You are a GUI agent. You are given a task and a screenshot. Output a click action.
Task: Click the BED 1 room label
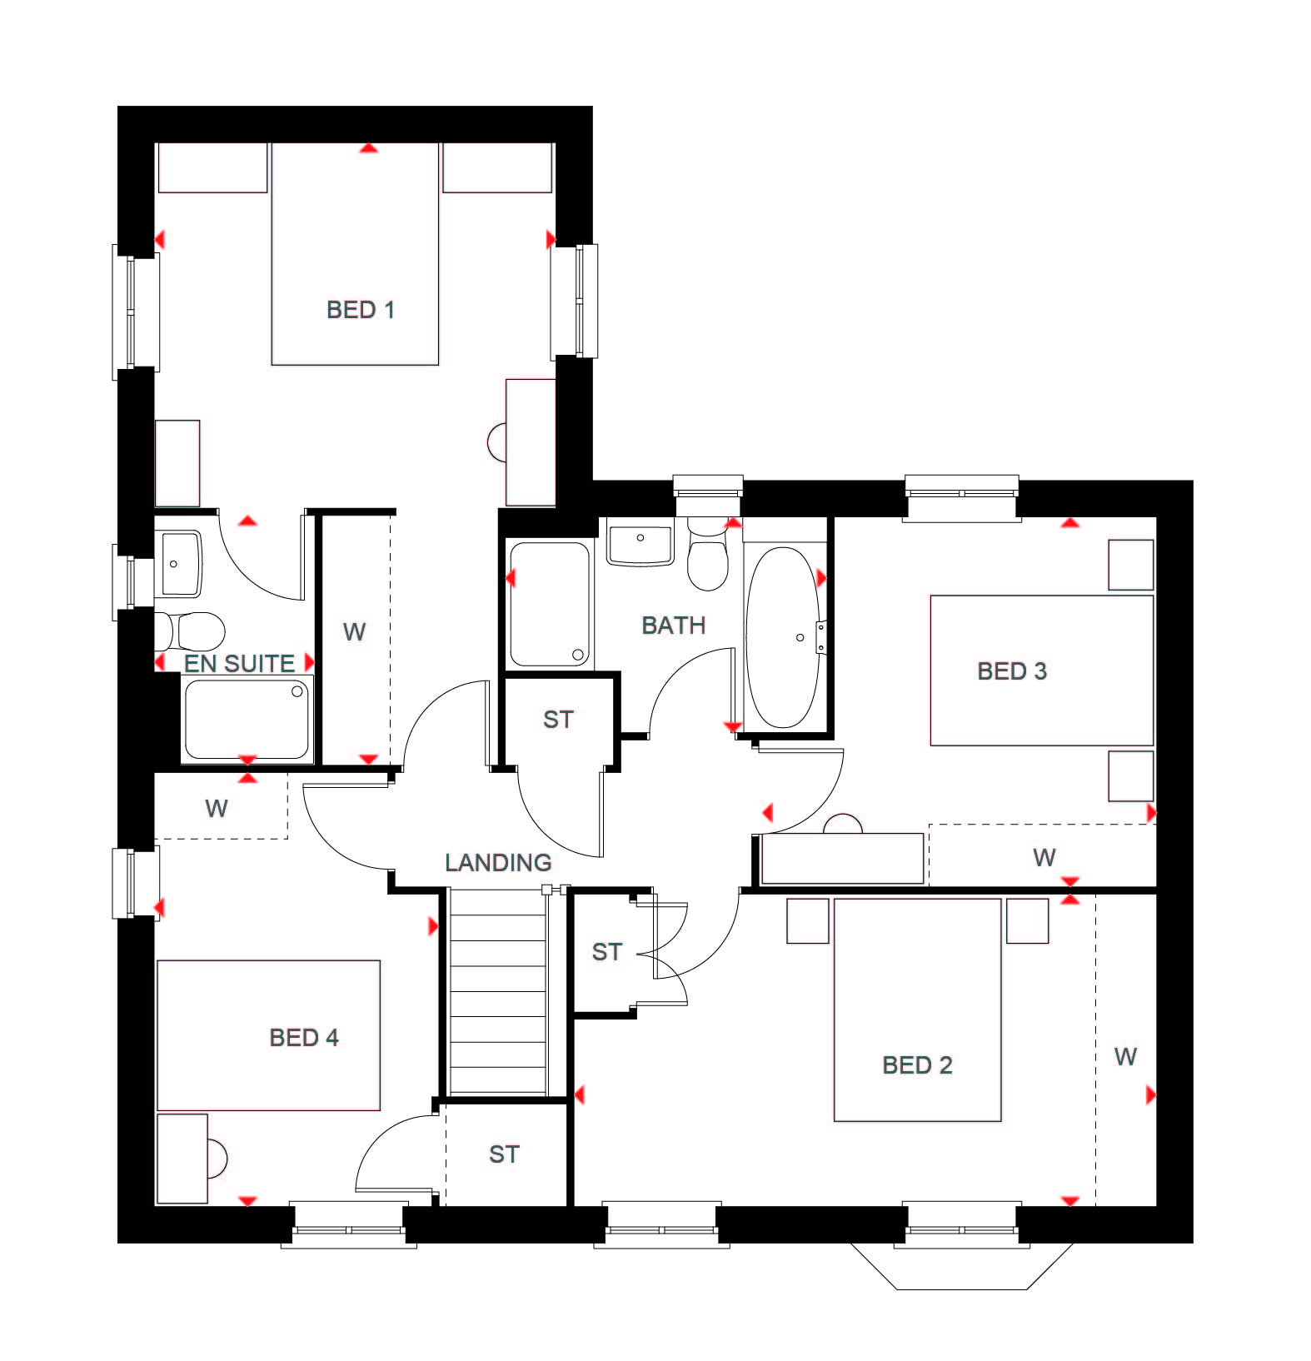[360, 310]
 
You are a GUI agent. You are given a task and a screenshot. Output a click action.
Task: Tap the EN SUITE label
[239, 663]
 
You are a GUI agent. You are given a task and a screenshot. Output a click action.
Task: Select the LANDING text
[498, 862]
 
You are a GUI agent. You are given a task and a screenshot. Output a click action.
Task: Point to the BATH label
[674, 625]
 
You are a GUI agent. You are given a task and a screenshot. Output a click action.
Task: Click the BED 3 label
[1012, 671]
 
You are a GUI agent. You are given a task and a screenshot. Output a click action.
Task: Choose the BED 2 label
[917, 1065]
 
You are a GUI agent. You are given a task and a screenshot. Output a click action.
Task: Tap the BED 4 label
[304, 1037]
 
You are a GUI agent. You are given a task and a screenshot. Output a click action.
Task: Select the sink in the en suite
[178, 564]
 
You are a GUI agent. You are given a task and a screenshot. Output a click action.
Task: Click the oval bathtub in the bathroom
[782, 637]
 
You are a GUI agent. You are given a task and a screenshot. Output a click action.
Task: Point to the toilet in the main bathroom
[708, 553]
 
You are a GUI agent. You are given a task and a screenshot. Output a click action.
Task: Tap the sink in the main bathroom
[640, 545]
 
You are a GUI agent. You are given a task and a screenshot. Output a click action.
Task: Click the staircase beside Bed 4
[498, 991]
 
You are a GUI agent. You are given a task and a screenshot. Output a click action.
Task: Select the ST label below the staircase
[504, 1154]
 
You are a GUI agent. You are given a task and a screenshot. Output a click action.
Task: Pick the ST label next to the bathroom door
[558, 719]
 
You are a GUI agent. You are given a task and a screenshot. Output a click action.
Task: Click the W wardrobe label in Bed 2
[1125, 1057]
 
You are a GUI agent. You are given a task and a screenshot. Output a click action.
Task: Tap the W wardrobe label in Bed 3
[1044, 857]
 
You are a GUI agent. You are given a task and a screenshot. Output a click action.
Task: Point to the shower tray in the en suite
[247, 719]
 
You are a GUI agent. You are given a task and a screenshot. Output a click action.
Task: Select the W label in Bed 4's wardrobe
[217, 807]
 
